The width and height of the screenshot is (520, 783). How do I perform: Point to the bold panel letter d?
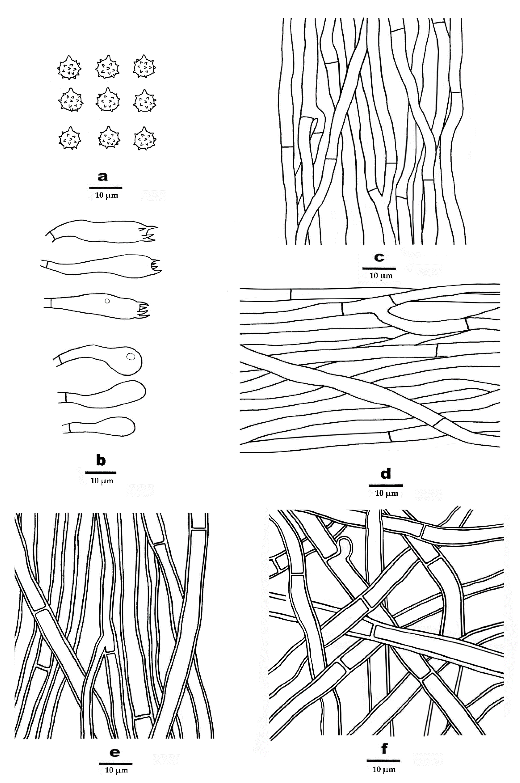tap(386, 474)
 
